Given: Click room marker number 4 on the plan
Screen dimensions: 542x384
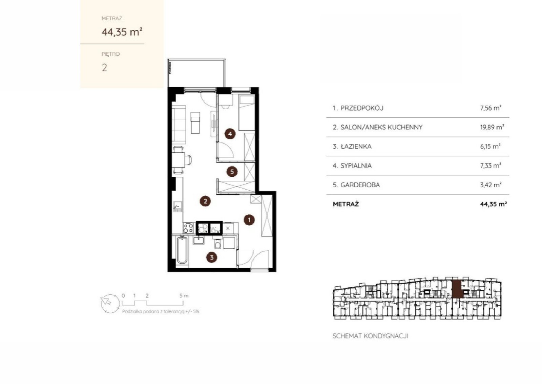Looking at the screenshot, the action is click(x=230, y=134).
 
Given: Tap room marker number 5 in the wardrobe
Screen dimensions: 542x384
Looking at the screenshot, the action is click(x=232, y=172).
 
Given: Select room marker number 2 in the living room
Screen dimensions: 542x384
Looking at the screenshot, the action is click(x=205, y=201).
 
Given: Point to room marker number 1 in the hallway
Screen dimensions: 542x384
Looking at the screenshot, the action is click(x=249, y=220).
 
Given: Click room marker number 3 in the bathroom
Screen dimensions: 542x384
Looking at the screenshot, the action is click(x=211, y=257).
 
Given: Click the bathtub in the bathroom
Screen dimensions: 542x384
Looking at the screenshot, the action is click(x=182, y=250).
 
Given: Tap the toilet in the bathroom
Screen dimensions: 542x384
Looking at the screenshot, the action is click(x=217, y=243).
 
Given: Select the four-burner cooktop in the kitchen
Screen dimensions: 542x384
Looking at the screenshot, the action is click(x=188, y=228).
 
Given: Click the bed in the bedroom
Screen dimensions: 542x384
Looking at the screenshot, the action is click(x=247, y=113).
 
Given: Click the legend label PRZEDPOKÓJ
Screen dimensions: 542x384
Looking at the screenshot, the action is click(x=362, y=108).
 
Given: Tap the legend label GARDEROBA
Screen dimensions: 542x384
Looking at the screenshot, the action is click(x=360, y=185).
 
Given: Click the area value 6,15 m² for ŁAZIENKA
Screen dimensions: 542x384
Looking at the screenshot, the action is click(x=490, y=147).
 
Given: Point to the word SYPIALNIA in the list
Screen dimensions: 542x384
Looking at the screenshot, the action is click(x=356, y=166).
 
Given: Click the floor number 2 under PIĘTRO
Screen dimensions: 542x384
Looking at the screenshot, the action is click(x=104, y=68).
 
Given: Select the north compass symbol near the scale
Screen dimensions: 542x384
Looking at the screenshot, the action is click(x=110, y=304).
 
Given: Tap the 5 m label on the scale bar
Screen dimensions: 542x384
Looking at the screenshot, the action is click(x=184, y=295).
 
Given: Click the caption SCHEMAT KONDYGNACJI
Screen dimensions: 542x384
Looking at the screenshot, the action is click(x=370, y=336).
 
